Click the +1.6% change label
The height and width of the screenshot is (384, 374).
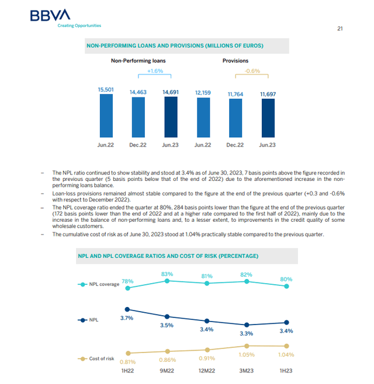tap(154, 71)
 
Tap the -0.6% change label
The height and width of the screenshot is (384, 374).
tap(252, 71)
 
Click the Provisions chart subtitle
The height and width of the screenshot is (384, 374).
tap(236, 61)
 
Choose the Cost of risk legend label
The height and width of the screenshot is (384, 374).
tap(102, 358)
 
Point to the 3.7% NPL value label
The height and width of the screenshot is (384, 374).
tap(127, 318)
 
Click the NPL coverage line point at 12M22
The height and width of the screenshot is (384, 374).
tap(207, 283)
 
